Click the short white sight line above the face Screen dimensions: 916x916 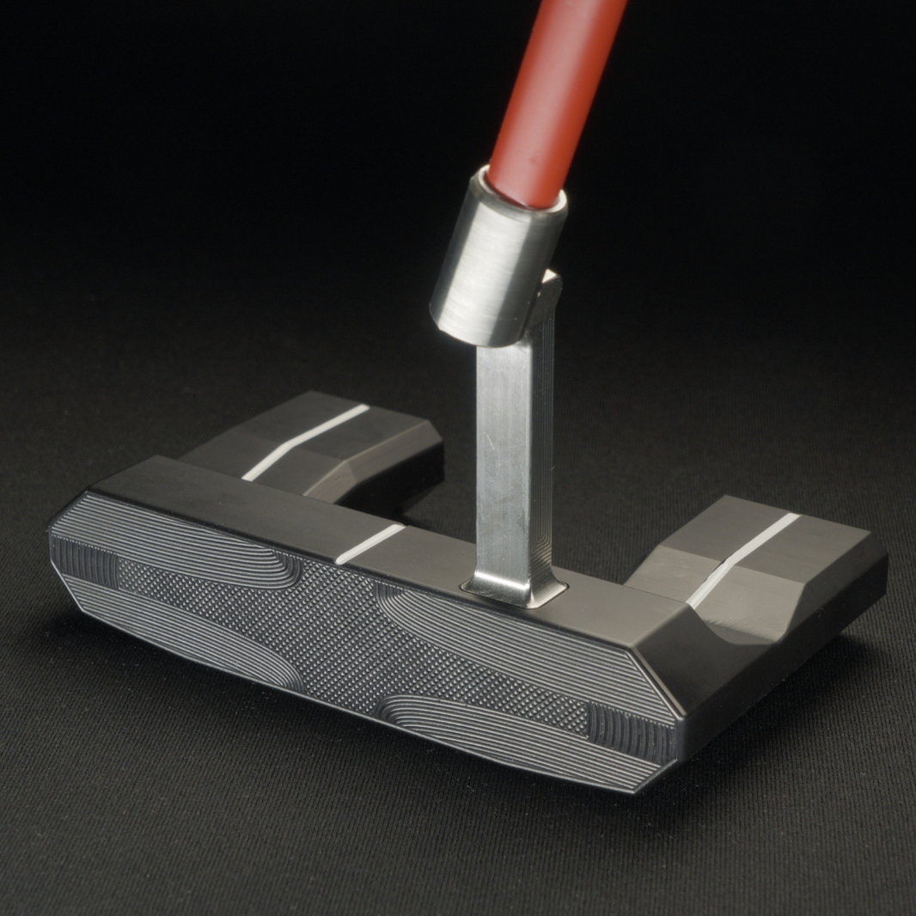click(x=369, y=543)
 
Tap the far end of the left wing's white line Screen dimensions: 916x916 click(x=367, y=407)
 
